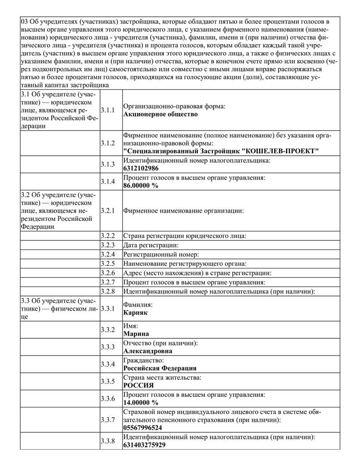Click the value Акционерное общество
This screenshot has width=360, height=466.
click(160, 114)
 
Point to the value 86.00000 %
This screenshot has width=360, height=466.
click(141, 186)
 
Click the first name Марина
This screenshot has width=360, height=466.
click(136, 334)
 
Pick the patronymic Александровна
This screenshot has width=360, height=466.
click(148, 351)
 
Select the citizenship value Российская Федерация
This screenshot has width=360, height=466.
click(160, 368)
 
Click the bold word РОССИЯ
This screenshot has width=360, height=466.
click(138, 386)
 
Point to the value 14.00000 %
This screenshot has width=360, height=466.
click(141, 403)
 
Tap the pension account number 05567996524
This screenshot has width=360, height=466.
click(143, 428)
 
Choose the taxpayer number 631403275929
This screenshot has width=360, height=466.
click(144, 445)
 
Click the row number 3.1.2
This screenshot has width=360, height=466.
click(108, 143)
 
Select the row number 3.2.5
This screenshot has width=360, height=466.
click(108, 263)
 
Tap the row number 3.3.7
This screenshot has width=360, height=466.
click(108, 419)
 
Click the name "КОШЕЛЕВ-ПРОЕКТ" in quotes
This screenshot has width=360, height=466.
click(280, 151)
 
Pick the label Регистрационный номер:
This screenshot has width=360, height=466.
click(161, 255)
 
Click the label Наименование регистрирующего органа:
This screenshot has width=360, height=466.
click(185, 264)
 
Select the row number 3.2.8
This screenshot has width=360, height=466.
click(108, 291)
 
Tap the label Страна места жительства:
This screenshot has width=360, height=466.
click(162, 378)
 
